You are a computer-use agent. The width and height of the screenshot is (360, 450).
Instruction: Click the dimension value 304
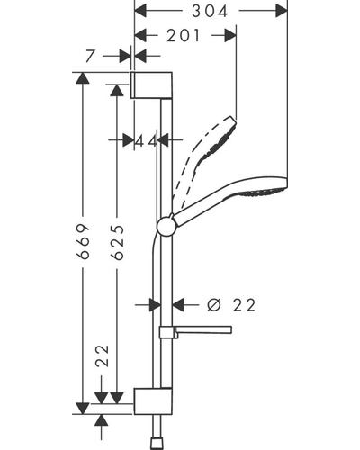210,12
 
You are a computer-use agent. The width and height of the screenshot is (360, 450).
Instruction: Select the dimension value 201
183,36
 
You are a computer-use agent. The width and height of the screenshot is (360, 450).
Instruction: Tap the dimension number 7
90,56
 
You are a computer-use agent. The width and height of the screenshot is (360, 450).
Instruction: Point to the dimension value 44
146,140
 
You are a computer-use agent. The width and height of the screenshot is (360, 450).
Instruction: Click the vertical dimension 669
83,241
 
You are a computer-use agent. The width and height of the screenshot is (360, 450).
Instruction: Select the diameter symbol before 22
214,305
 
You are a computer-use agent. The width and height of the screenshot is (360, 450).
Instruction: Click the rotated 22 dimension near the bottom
102,356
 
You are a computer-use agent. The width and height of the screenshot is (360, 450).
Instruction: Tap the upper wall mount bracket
151,85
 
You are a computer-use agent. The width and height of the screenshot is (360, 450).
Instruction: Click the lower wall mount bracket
153,401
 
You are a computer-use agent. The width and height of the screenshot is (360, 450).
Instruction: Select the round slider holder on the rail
167,226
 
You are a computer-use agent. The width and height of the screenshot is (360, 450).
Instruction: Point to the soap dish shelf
195,330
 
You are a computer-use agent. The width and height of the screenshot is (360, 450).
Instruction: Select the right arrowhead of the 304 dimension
282,11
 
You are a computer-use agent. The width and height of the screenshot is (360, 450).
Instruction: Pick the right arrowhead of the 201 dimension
230,35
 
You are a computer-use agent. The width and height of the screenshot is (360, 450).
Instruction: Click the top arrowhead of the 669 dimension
83,78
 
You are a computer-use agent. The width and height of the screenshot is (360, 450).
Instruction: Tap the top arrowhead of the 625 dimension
117,90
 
